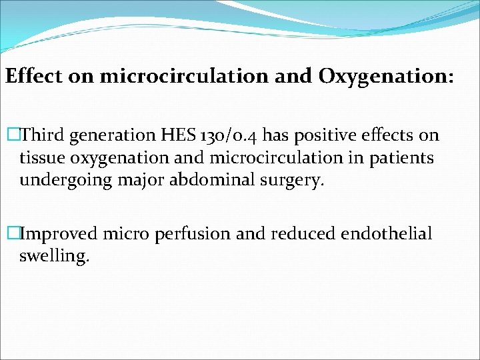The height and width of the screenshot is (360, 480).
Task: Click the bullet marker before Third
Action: (x=11, y=136)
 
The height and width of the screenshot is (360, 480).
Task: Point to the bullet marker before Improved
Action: (x=11, y=233)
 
